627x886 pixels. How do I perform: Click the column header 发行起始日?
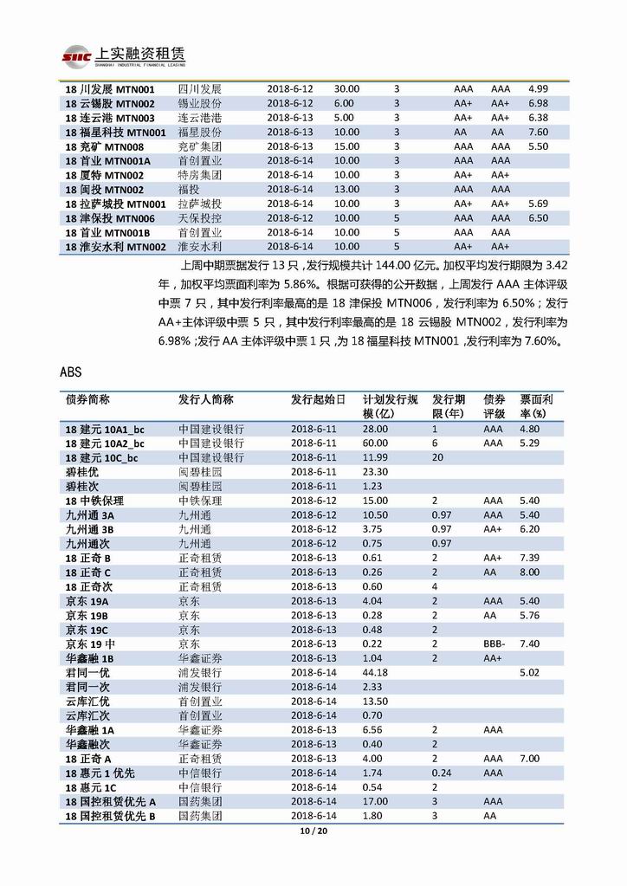pos(318,400)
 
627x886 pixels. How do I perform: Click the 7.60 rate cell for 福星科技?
pos(538,132)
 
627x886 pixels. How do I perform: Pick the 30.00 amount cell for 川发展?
pos(346,89)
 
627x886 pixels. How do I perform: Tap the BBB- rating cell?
pos(495,643)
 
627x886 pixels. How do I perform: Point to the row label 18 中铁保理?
pos(94,501)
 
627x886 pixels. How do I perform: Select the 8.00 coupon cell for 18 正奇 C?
pos(529,572)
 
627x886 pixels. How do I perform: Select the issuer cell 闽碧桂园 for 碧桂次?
pos(200,486)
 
